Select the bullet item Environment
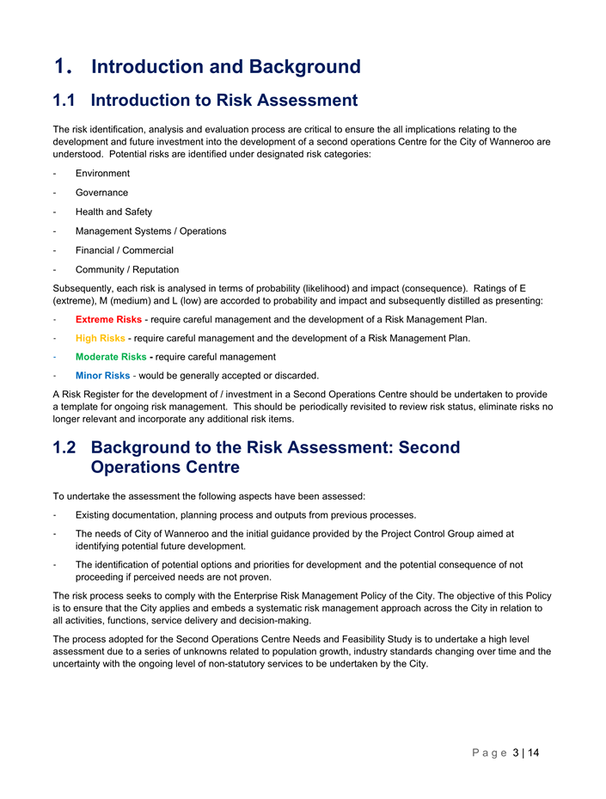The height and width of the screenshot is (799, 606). point(102,174)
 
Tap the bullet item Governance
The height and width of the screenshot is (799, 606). point(101,193)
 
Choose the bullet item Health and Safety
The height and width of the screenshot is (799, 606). point(113,212)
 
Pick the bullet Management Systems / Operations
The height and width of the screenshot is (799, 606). point(150,230)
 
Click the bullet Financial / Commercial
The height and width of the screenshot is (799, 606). point(124,250)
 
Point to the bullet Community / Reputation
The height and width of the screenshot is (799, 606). point(127,269)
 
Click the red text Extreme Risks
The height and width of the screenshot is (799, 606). point(108,319)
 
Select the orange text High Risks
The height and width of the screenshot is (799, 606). point(101,338)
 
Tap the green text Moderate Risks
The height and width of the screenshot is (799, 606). point(111,357)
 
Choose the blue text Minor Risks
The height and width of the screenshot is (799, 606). point(102,376)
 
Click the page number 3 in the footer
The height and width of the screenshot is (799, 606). point(515,753)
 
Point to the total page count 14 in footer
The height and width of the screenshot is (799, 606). point(532,753)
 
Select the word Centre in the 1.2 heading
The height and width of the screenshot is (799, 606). point(211,467)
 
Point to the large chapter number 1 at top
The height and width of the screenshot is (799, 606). point(59,67)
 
